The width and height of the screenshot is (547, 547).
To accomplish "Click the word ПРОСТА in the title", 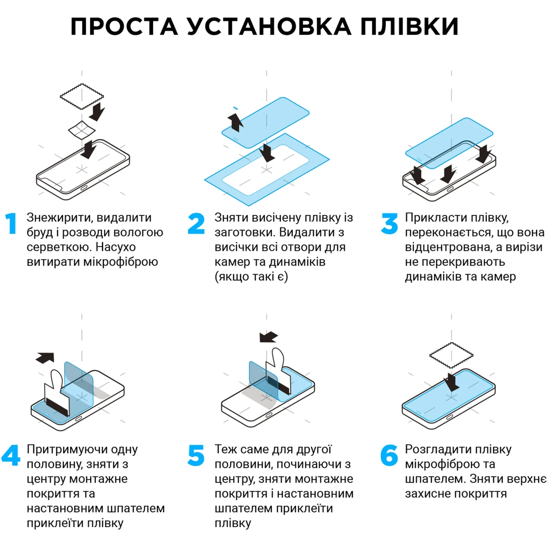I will click(124, 27).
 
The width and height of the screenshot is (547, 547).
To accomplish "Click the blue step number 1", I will click(11, 224).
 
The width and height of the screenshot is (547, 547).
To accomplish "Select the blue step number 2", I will click(196, 224).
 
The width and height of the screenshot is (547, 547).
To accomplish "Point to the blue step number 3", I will click(389, 224).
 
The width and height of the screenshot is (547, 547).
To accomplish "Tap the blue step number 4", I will click(11, 456).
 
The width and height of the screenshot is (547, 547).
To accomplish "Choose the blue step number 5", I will click(196, 456).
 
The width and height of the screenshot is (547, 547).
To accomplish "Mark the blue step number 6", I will click(389, 456).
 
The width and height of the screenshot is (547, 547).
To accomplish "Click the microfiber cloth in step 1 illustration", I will click(82, 96).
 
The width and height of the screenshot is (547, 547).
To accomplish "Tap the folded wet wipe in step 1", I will click(82, 130).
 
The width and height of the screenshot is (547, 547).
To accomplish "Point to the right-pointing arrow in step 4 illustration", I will click(45, 357).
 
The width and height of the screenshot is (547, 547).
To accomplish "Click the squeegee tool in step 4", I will click(57, 395).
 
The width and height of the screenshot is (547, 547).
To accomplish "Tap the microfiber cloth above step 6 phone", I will click(451, 355).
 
